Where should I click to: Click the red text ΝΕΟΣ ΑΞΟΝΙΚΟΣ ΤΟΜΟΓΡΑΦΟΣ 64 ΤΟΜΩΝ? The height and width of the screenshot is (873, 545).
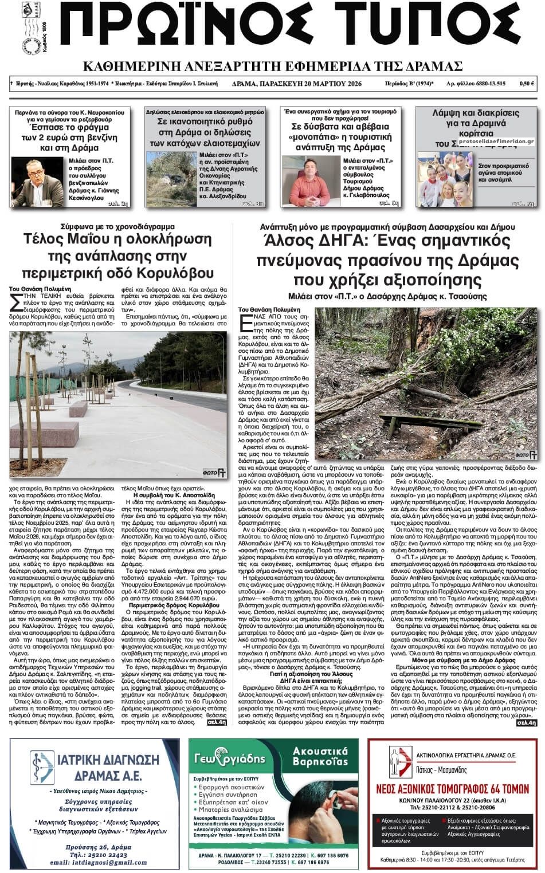452,789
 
